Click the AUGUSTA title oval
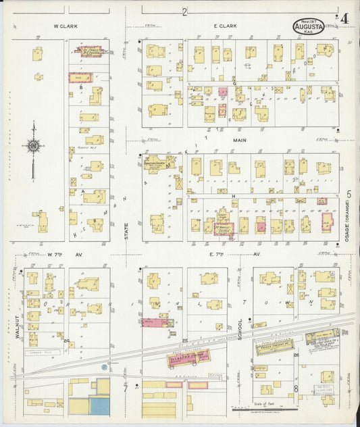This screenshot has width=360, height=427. pyautogui.click(x=309, y=26)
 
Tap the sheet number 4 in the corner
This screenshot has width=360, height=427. pyautogui.click(x=344, y=18)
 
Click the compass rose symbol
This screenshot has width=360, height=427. pyautogui.click(x=33, y=145)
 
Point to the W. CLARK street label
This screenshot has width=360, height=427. pyautogui.click(x=66, y=26)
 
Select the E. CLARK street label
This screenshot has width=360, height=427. pyautogui.click(x=224, y=26)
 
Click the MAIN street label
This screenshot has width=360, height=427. pyautogui.click(x=240, y=141)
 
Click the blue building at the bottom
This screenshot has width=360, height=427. pyautogui.click(x=99, y=405)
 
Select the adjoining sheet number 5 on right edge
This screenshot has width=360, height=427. pyautogui.click(x=349, y=195)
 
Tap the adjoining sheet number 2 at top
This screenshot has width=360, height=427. pyautogui.click(x=184, y=12)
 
